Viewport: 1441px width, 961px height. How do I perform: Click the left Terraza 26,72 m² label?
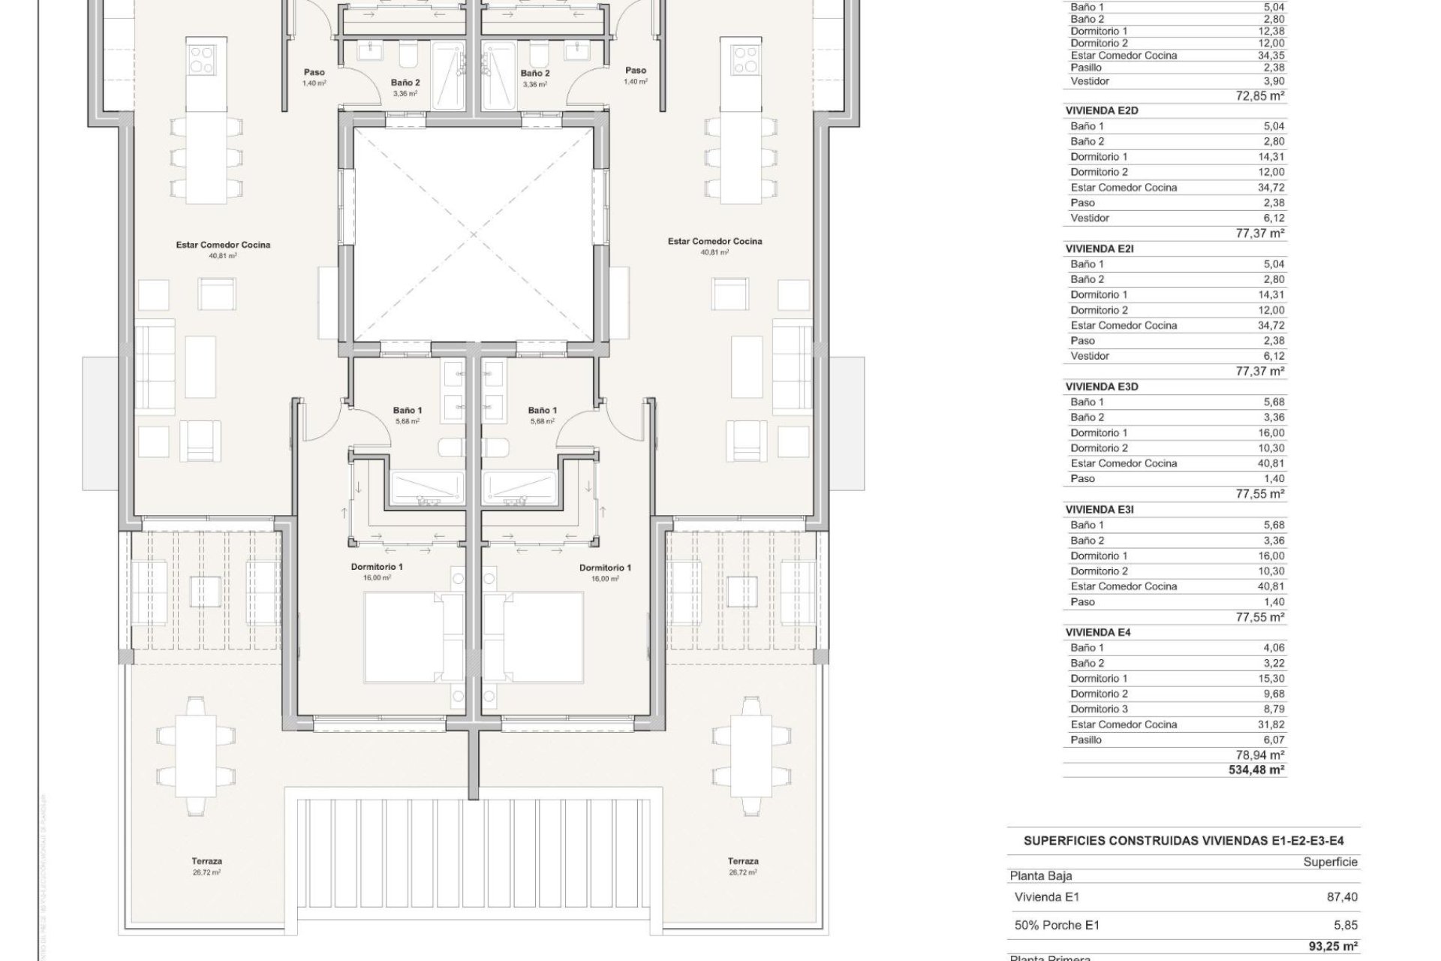click(206, 866)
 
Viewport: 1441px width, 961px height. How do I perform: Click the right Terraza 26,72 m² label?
click(742, 866)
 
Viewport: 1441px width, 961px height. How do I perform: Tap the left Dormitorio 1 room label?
click(376, 571)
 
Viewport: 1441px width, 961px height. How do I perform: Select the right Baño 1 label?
click(542, 415)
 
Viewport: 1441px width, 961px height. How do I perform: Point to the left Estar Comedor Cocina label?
click(223, 249)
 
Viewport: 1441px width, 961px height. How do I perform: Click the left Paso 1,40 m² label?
click(314, 77)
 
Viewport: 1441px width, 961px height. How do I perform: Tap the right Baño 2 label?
click(535, 77)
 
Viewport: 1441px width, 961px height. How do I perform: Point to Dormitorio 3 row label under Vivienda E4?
click(1099, 709)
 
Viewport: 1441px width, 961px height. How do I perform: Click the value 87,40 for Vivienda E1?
click(1342, 896)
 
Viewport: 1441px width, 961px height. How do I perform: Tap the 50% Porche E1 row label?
click(1057, 926)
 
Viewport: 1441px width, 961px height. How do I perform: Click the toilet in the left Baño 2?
click(408, 55)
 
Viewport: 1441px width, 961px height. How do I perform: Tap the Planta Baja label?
click(1041, 875)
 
